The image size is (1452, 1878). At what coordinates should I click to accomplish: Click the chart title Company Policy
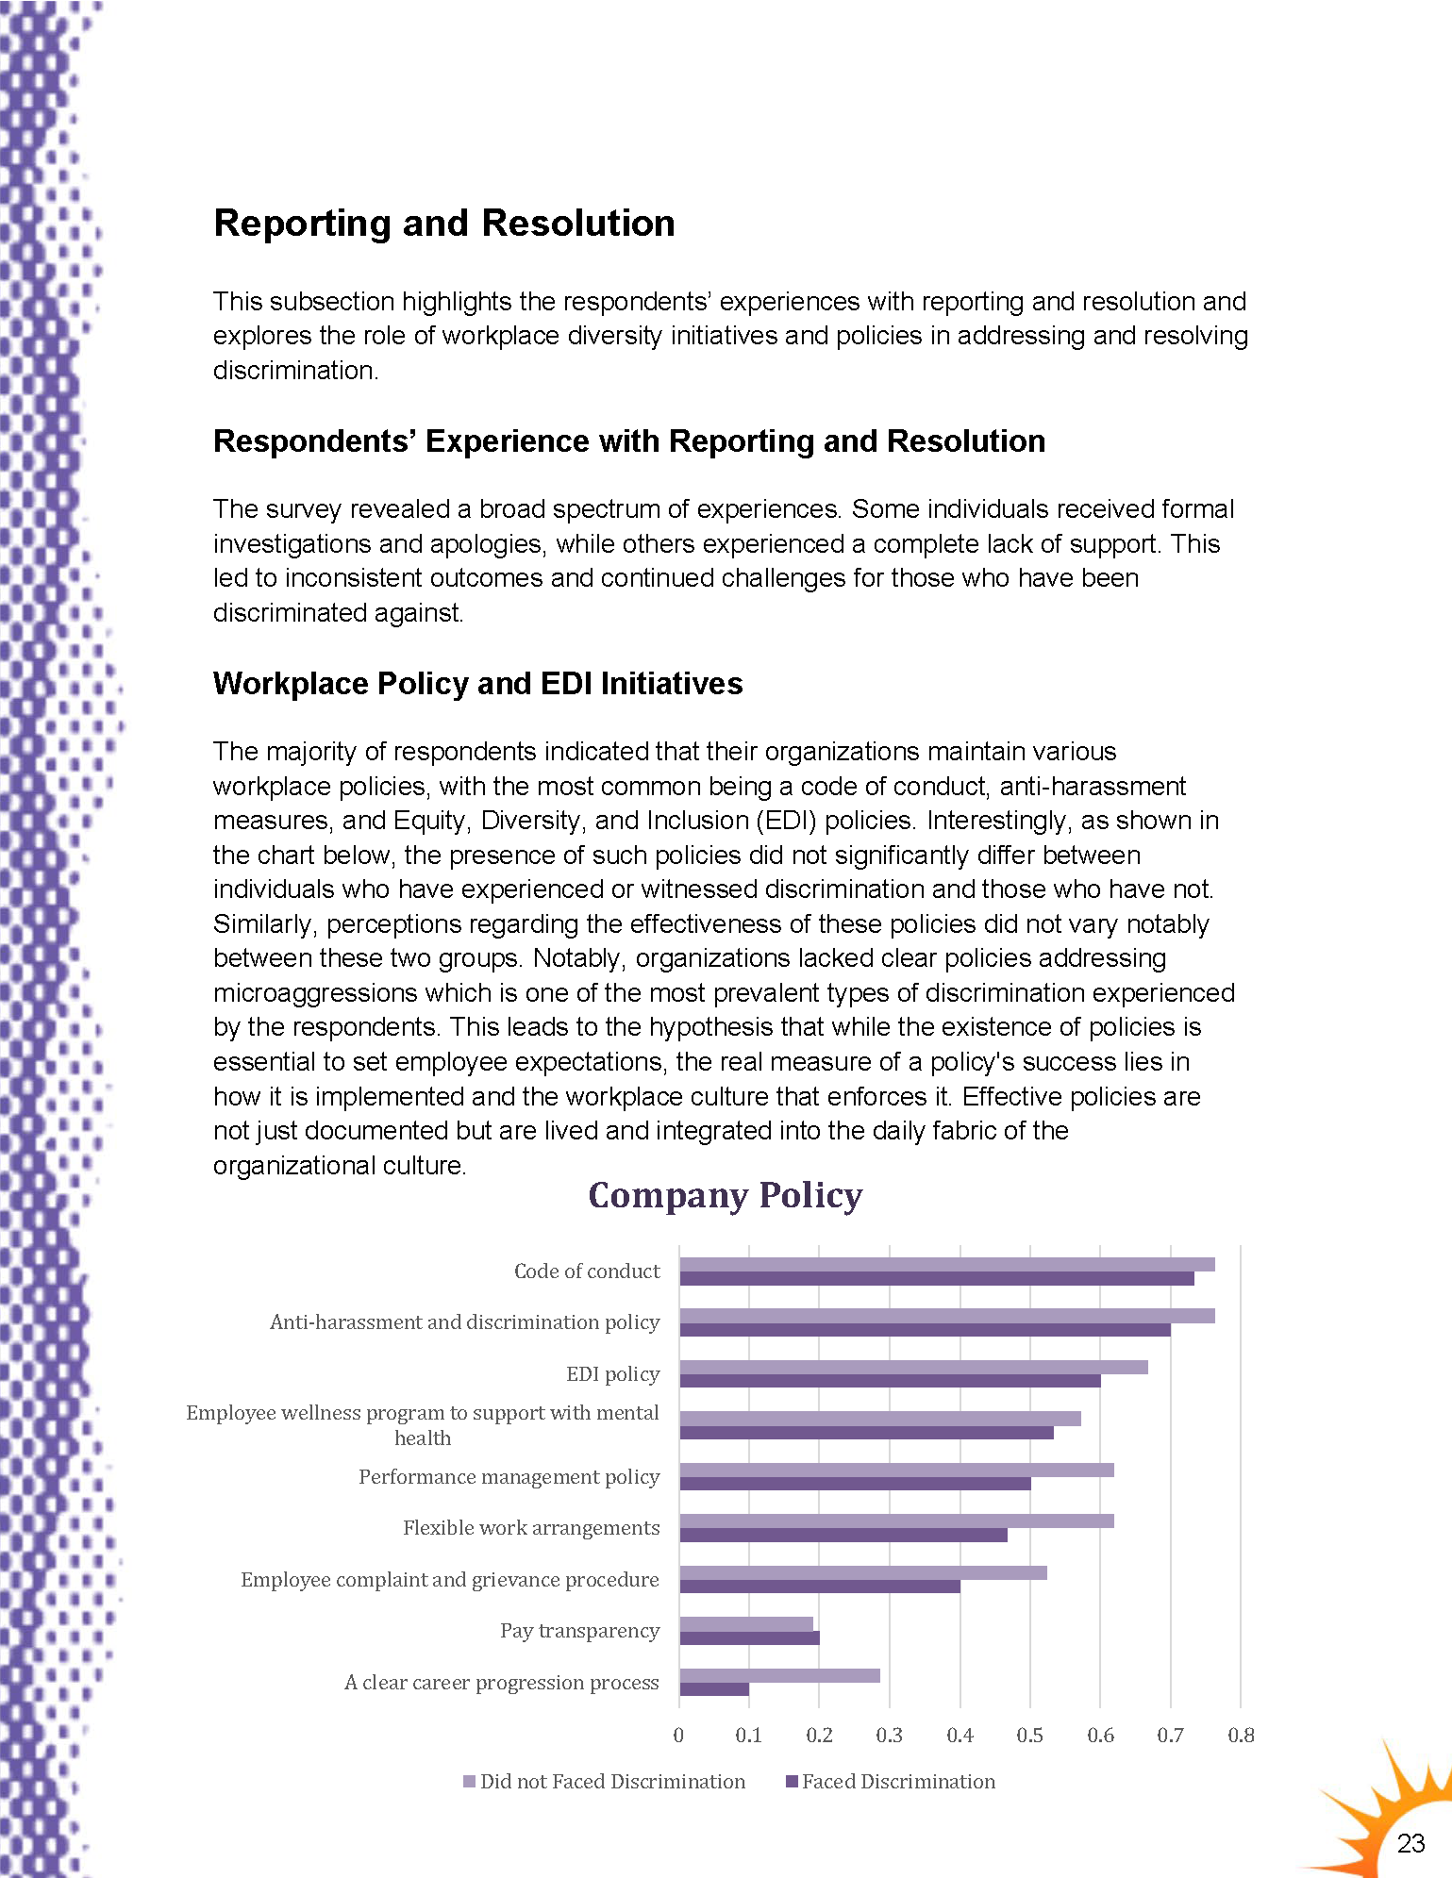coord(725,1195)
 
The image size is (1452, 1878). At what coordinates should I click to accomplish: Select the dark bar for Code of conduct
coord(937,1279)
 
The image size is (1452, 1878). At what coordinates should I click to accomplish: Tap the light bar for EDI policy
coord(913,1367)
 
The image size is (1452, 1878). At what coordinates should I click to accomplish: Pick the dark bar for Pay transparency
coord(749,1637)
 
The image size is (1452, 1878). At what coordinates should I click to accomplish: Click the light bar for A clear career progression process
coord(779,1675)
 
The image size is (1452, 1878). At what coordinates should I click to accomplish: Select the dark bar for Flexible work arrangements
coord(843,1536)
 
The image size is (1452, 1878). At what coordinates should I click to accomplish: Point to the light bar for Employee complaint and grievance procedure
coord(863,1572)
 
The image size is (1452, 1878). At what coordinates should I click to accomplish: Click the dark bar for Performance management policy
coord(855,1484)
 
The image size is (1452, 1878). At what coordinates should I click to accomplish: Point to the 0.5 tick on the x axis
coord(1030,1735)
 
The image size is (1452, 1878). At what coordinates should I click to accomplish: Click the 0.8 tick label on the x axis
coord(1241,1735)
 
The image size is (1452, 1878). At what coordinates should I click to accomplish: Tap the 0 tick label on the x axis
coord(678,1735)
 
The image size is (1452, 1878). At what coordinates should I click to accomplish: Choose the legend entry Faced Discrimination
coord(897,1781)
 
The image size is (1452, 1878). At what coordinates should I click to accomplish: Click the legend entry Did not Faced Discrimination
coord(611,1781)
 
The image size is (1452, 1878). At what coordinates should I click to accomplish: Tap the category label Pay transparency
coord(579,1630)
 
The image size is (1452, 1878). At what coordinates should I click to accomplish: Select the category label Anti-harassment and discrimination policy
coord(464,1321)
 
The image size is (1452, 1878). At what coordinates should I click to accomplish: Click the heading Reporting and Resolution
coord(444,224)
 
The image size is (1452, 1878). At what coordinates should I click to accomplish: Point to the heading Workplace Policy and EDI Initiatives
coord(477,683)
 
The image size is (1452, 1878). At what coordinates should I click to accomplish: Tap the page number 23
coord(1410,1843)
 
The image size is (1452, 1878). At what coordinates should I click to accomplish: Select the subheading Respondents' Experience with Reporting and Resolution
coord(629,441)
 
